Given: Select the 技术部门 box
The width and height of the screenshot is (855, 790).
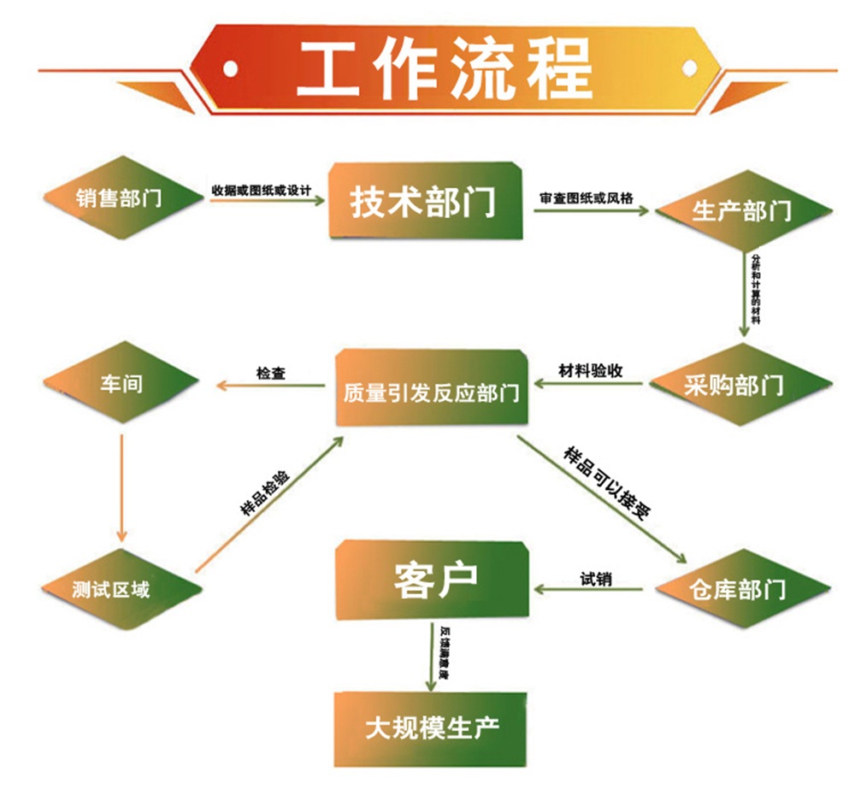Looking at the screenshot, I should point(423,201).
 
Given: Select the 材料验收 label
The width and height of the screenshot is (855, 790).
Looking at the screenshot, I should point(590,371).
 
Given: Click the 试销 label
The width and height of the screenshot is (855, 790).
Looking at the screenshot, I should point(596,579).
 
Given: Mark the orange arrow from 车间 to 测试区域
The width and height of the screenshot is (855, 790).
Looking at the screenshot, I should point(121,487).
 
